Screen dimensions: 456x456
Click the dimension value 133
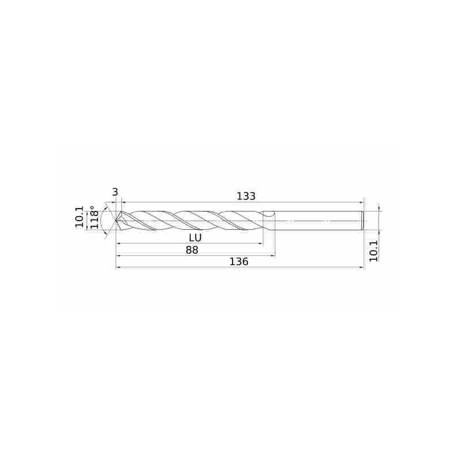(x=246, y=196)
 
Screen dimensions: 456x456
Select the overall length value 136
(x=239, y=262)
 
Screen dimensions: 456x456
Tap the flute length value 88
(x=192, y=250)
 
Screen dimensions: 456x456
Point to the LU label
(x=195, y=238)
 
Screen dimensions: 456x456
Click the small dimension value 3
(x=115, y=192)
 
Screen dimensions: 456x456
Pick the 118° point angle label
(x=94, y=217)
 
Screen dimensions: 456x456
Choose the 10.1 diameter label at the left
(x=80, y=217)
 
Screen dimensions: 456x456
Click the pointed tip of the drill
(x=116, y=221)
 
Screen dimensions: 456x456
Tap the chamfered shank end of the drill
(x=363, y=221)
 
